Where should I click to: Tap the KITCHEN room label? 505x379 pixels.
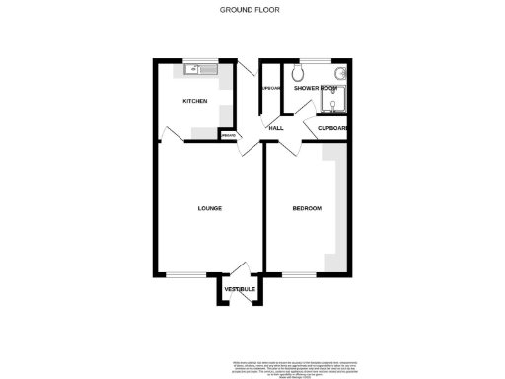pyautogui.click(x=193, y=102)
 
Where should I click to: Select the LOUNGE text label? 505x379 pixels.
pyautogui.click(x=209, y=208)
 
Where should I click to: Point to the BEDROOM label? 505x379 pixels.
pyautogui.click(x=307, y=208)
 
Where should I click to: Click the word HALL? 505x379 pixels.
pyautogui.click(x=276, y=127)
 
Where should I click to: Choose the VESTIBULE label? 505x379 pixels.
pyautogui.click(x=240, y=288)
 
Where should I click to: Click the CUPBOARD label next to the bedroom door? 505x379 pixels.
pyautogui.click(x=332, y=128)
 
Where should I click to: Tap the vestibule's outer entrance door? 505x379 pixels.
pyautogui.click(x=240, y=300)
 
